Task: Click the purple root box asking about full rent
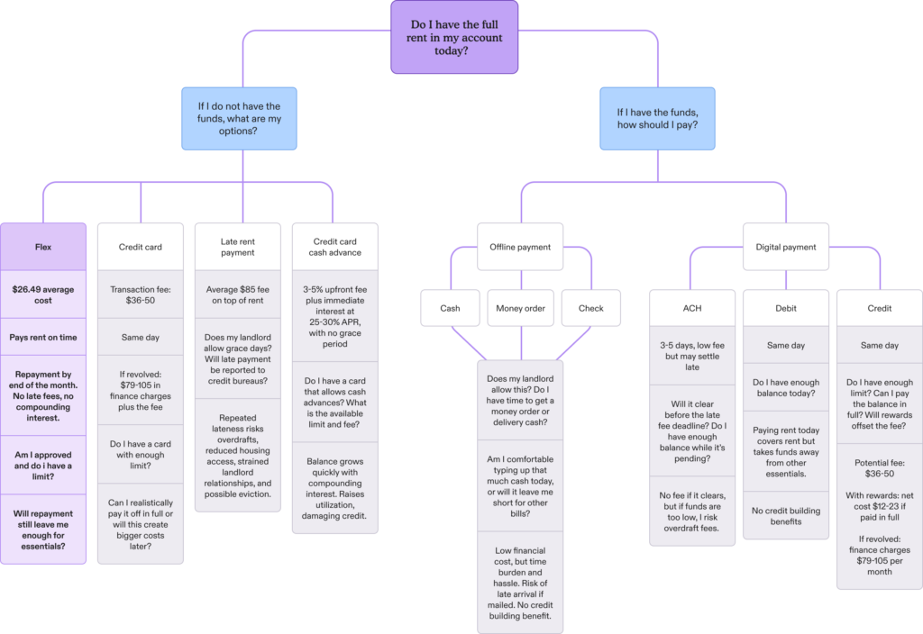pyautogui.click(x=454, y=37)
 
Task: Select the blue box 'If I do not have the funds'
pyautogui.click(x=239, y=118)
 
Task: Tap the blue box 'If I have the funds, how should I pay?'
pyautogui.click(x=657, y=118)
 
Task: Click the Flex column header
pyautogui.click(x=44, y=246)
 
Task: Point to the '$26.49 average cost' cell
pyautogui.click(x=44, y=294)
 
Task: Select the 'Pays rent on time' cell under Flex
pyautogui.click(x=44, y=338)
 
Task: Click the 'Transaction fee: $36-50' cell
pyautogui.click(x=141, y=294)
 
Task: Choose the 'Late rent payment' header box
pyautogui.click(x=238, y=247)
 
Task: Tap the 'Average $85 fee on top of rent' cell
pyautogui.click(x=238, y=294)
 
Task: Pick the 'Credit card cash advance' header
pyautogui.click(x=336, y=247)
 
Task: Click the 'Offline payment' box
pyautogui.click(x=520, y=247)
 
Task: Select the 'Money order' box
pyautogui.click(x=520, y=308)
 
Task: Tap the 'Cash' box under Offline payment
pyautogui.click(x=450, y=308)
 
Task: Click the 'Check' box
pyautogui.click(x=590, y=308)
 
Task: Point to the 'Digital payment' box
pyautogui.click(x=784, y=247)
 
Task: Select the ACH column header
pyautogui.click(x=691, y=308)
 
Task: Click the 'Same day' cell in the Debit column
pyautogui.click(x=785, y=346)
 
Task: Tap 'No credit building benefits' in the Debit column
pyautogui.click(x=785, y=516)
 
